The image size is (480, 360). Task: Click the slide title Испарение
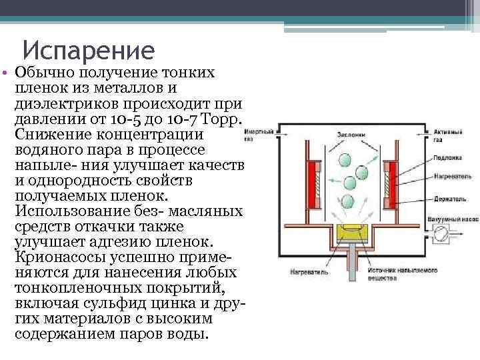coord(88,49)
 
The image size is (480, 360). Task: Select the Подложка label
coord(445,160)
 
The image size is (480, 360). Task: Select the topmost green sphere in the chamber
coord(345,161)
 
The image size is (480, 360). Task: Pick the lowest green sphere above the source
coord(347,201)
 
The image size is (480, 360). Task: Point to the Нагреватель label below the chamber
coord(307,272)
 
